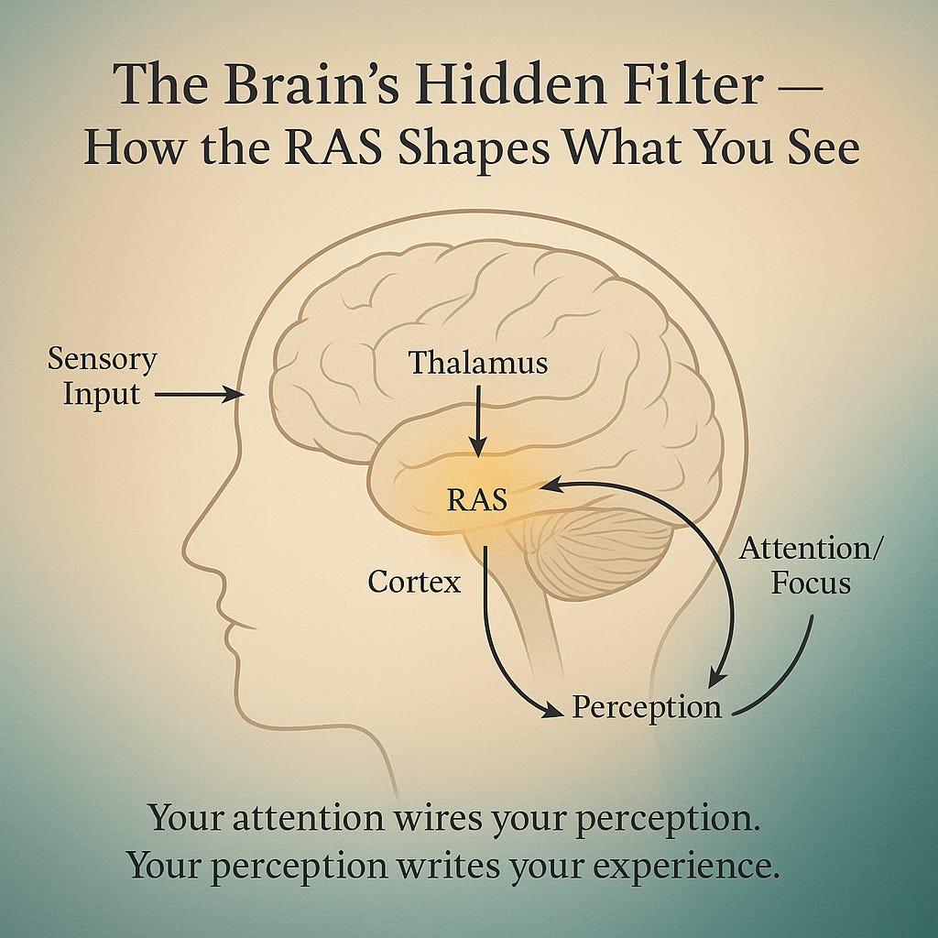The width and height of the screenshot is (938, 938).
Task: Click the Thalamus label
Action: pos(478,363)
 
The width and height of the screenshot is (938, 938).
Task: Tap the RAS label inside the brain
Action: pos(476,500)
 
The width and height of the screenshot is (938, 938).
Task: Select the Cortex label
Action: pos(414,582)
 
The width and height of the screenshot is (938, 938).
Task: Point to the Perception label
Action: pos(647,707)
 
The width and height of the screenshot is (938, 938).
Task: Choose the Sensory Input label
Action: pos(102,376)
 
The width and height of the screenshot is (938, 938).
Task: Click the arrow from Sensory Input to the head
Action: pos(196,395)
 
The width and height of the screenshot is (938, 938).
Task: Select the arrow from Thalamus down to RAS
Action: pos(477,418)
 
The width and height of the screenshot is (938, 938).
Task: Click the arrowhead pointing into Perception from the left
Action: pos(551,709)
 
